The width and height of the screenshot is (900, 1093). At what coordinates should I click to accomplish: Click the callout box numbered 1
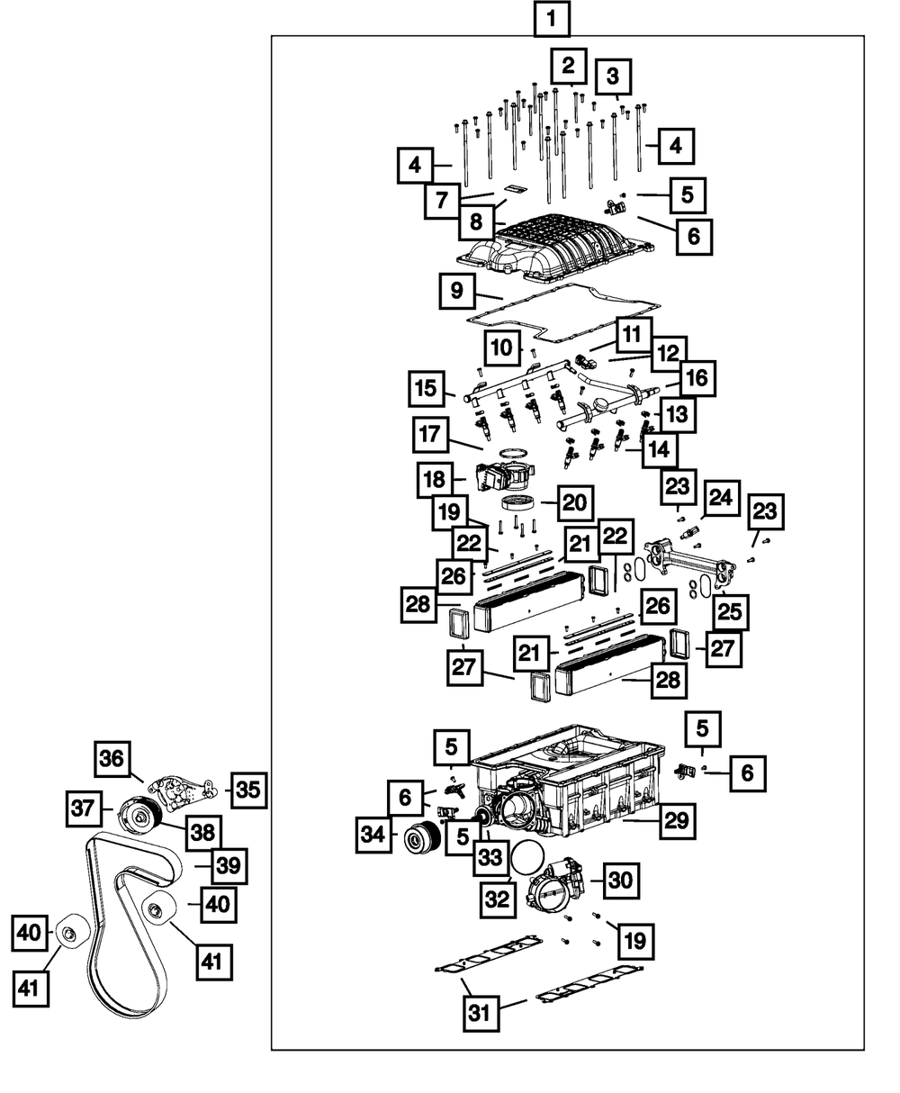coord(552,20)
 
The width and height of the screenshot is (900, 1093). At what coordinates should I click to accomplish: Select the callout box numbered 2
coord(568,66)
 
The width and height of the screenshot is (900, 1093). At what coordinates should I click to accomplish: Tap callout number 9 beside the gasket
coord(456,291)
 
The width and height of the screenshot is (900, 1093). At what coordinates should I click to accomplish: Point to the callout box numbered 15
coord(427,389)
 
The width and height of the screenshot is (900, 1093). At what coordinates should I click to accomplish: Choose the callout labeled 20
coord(574,503)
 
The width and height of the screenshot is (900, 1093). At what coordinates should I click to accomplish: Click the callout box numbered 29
coord(677,821)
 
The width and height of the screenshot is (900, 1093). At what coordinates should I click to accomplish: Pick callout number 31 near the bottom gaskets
coord(481,1014)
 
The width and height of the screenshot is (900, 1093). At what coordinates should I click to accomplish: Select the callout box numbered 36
coord(112,758)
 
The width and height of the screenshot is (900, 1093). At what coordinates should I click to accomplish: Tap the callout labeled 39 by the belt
coord(229,866)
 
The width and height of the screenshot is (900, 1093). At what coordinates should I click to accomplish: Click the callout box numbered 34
coord(373,835)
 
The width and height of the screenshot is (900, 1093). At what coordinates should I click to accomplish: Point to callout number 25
coord(730,612)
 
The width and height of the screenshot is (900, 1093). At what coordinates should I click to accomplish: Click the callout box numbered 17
coord(430,435)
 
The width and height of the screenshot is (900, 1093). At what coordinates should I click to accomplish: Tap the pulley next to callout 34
coord(423,837)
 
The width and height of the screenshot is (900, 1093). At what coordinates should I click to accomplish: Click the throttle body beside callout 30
coord(559,890)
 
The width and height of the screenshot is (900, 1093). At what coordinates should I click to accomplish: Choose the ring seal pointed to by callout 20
coord(518,502)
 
